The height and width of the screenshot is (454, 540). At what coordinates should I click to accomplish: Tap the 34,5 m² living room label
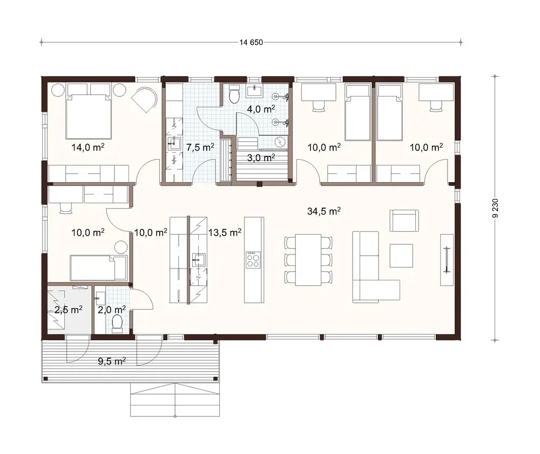tap(323, 212)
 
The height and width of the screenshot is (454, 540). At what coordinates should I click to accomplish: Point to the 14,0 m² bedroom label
tap(87, 147)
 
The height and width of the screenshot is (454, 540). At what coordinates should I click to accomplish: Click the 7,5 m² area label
tap(200, 147)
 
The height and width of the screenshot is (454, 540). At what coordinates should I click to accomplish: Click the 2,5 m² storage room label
tap(68, 309)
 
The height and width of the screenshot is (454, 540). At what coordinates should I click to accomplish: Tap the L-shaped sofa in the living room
tap(372, 270)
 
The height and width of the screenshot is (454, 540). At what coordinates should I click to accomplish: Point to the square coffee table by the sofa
tap(401, 256)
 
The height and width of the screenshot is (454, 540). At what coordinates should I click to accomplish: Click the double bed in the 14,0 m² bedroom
tap(90, 115)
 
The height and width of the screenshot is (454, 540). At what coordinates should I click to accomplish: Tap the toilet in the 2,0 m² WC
tap(117, 324)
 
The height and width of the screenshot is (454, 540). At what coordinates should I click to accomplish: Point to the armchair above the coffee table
tap(403, 220)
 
